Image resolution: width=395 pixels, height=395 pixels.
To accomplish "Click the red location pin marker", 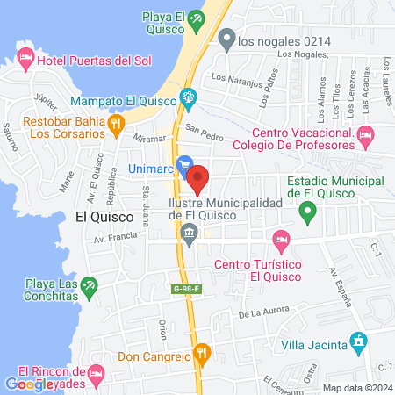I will click(x=197, y=180).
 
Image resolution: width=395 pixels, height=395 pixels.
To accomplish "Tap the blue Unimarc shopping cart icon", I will click(x=184, y=164).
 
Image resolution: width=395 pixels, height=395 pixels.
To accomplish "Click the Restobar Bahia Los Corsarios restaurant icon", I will click(x=115, y=126).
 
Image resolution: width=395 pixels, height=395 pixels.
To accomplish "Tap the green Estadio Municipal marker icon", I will click(x=307, y=212).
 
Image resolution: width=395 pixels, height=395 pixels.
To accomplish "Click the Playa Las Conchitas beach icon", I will click(x=89, y=286).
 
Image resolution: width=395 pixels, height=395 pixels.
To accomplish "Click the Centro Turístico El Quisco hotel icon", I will click(x=281, y=239).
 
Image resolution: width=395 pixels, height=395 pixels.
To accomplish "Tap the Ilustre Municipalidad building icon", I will click(x=189, y=232).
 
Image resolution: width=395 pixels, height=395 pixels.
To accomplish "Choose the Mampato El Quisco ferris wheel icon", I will click(x=187, y=97).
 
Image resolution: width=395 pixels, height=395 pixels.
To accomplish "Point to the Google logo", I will click(x=29, y=384).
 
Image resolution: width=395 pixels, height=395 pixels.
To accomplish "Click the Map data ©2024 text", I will click(x=356, y=387).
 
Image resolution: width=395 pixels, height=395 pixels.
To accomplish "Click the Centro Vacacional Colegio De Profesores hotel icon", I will click(x=367, y=133).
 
